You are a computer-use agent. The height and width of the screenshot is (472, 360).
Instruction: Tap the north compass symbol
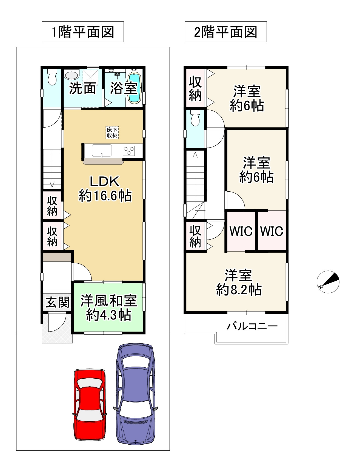[x=328, y=282]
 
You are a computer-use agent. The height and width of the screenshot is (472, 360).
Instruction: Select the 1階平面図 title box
[x=83, y=32]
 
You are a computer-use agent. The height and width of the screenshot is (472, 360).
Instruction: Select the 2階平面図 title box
[x=226, y=32]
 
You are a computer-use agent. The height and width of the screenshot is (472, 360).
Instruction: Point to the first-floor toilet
[x=52, y=77]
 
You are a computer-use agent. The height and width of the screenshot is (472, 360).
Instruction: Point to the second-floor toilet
[x=195, y=118]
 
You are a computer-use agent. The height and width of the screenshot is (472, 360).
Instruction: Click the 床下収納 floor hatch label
[x=112, y=133]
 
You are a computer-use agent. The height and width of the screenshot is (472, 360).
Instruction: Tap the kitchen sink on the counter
[x=102, y=150]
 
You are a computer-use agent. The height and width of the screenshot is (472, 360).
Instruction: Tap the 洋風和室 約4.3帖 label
[x=109, y=308]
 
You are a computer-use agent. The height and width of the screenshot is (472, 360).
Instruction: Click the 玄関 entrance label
[x=58, y=302]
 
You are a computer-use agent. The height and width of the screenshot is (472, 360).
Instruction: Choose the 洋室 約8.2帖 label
[x=239, y=283]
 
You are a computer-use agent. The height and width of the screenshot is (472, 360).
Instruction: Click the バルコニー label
[x=252, y=326]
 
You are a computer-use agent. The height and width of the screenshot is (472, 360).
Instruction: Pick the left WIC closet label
[x=241, y=231]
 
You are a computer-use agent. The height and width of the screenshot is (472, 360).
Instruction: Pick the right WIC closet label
[x=272, y=231]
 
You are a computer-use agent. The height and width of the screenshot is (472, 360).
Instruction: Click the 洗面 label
[x=82, y=88]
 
